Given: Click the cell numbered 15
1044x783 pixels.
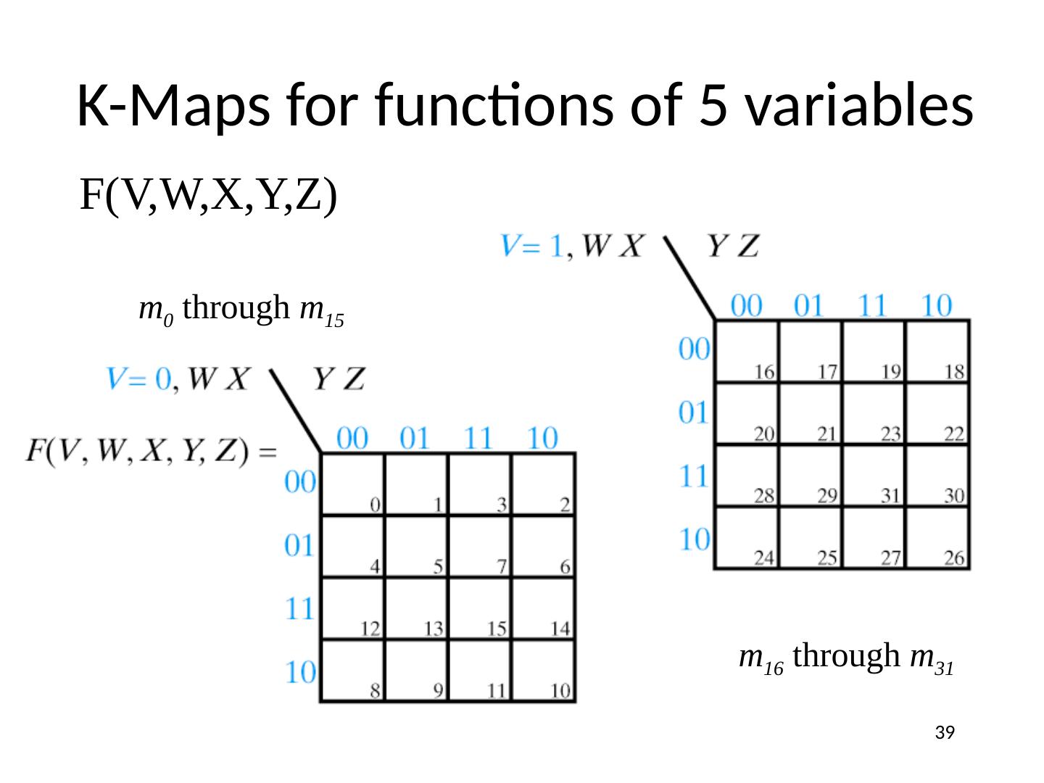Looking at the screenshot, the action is pyautogui.click(x=480, y=608).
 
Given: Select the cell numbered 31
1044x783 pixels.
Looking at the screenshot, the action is pyautogui.click(x=874, y=476).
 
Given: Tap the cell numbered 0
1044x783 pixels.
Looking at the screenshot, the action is pyautogui.click(x=353, y=484).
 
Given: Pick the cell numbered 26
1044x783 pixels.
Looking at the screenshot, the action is pyautogui.click(x=937, y=538).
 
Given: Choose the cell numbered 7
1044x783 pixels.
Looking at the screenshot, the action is pyautogui.click(x=480, y=546).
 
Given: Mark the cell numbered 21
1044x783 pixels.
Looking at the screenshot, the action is pyautogui.click(x=811, y=413).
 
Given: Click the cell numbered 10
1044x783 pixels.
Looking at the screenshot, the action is pyautogui.click(x=544, y=671).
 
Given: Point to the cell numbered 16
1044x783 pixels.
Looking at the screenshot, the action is pyautogui.click(x=747, y=351).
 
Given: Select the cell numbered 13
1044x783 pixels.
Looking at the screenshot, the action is pyautogui.click(x=417, y=608).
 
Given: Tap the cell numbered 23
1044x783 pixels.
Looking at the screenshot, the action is pyautogui.click(x=874, y=413).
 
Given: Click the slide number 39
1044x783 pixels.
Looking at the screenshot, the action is pyautogui.click(x=943, y=733).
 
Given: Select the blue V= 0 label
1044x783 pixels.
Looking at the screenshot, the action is pyautogui.click(x=140, y=378).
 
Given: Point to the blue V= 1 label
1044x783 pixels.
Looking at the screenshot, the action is pyautogui.click(x=533, y=246).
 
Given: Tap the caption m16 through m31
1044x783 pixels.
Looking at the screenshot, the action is pyautogui.click(x=845, y=658).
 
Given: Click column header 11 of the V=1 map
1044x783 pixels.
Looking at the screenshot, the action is pyautogui.click(x=874, y=306).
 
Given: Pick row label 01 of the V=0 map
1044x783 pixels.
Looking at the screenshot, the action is pyautogui.click(x=299, y=545).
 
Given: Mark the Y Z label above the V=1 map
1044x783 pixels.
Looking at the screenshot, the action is pyautogui.click(x=733, y=246).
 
